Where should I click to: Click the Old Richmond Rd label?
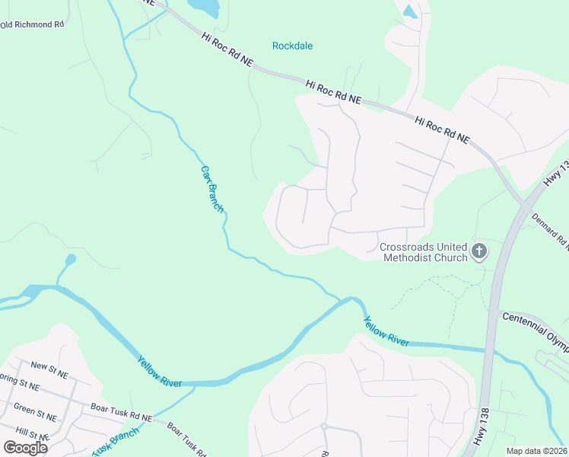click(x=32, y=24)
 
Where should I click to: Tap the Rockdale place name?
click(x=292, y=46)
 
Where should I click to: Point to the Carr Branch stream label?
click(x=212, y=188)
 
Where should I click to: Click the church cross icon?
click(x=479, y=251)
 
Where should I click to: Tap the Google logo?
click(x=25, y=447)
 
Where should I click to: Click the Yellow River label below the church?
click(x=386, y=331)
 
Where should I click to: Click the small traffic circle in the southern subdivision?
click(x=323, y=426)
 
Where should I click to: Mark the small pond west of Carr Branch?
click(x=71, y=260)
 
